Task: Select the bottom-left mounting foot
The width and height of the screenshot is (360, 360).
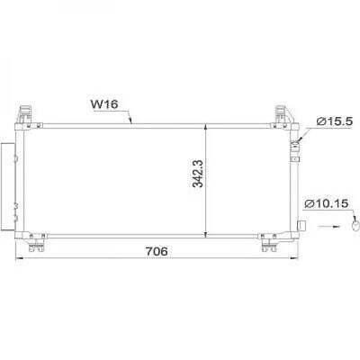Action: click(37, 242)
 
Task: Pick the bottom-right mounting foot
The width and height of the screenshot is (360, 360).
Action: click(268, 242)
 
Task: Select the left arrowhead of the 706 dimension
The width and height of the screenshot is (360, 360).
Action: click(17, 258)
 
